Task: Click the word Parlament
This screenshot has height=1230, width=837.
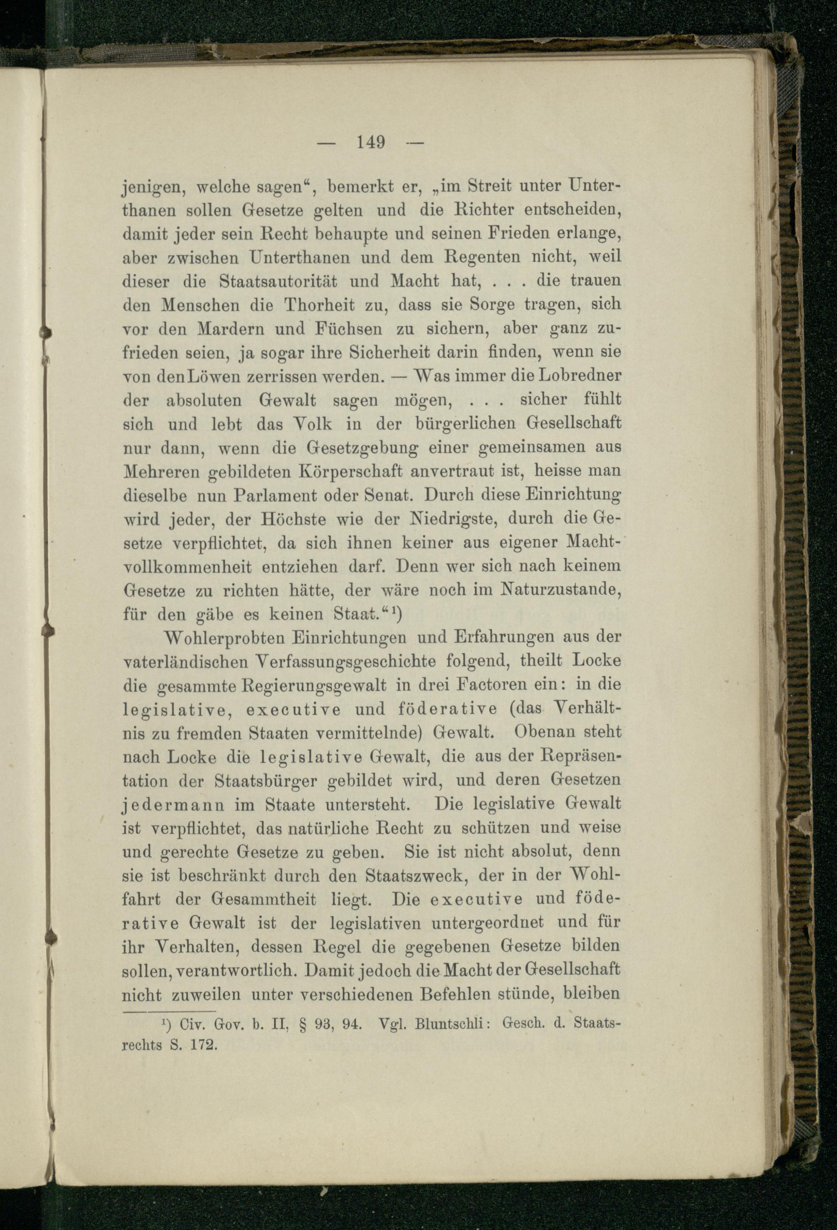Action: (x=273, y=497)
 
